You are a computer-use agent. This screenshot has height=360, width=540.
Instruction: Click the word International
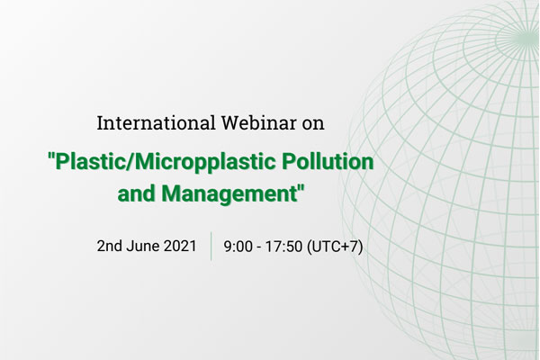click(x=156, y=123)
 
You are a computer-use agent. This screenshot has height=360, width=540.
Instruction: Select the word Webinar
click(x=258, y=123)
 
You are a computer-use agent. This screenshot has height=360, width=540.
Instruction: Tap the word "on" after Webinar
click(x=313, y=125)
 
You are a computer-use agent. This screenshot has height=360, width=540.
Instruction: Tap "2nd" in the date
click(x=109, y=246)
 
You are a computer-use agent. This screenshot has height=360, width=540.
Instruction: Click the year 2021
click(x=180, y=246)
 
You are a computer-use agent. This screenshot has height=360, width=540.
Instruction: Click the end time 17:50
click(x=283, y=247)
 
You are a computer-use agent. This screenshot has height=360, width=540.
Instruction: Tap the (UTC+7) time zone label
click(x=335, y=247)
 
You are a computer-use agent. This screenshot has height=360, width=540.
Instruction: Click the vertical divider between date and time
click(x=211, y=246)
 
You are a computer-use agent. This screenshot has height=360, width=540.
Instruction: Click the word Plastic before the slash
click(x=90, y=161)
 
